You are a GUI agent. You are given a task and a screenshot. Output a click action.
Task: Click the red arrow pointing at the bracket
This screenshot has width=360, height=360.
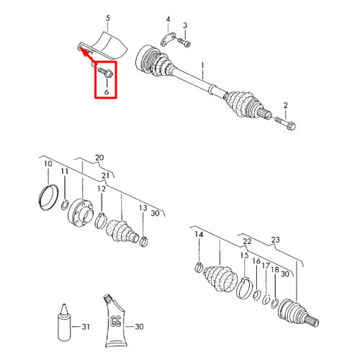pyautogui.click(x=88, y=55)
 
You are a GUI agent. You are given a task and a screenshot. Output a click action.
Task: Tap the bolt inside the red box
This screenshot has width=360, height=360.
pyautogui.click(x=106, y=72)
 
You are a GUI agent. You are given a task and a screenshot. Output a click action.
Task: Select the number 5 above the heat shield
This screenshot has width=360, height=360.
pyautogui.click(x=108, y=18)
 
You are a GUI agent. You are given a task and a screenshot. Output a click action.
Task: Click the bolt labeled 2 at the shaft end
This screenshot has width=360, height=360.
pyautogui.click(x=285, y=122)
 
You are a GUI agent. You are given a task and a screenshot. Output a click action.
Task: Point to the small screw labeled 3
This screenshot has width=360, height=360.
pyautogui.click(x=184, y=42)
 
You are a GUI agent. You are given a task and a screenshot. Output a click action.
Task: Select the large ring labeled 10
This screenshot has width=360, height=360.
pyautogui.click(x=48, y=197)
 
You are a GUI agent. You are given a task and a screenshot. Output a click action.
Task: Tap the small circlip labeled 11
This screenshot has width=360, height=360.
pyautogui.click(x=65, y=204)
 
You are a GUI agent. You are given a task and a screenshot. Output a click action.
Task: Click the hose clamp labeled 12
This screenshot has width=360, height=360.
pyautogui.click(x=100, y=220)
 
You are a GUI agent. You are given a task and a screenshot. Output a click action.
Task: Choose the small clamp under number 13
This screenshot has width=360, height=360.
pyautogui.click(x=143, y=241)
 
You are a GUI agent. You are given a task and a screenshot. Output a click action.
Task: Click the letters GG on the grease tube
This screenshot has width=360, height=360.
pyautogui.click(x=116, y=321)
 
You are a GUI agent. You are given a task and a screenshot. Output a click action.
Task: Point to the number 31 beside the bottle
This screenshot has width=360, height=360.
pyautogui.click(x=86, y=327)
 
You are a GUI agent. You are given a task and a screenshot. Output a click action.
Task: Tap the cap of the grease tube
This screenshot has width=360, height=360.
pyautogui.click(x=107, y=298)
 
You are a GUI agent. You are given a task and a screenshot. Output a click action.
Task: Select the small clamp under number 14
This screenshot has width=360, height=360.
pyautogui.click(x=199, y=267)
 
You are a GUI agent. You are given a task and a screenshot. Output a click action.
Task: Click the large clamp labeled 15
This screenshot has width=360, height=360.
pyautogui.click(x=245, y=287)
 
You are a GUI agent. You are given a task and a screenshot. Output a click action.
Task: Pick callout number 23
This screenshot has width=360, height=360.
pyautogui.click(x=276, y=240)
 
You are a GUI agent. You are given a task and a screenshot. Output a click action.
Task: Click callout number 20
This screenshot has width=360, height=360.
pyautogui.click(x=99, y=158)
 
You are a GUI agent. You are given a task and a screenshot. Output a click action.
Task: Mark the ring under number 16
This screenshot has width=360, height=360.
pyautogui.click(x=257, y=295)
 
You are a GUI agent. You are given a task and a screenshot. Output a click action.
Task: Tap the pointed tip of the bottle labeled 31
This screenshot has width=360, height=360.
pyautogui.click(x=64, y=305)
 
